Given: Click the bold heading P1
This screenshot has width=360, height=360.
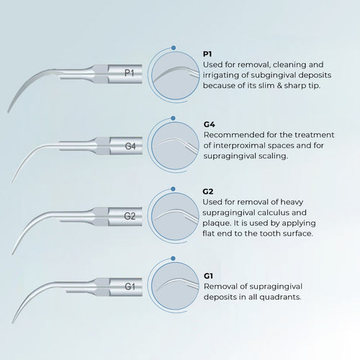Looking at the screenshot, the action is pos(207,54).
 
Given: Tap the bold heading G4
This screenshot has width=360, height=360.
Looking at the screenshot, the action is pos(210,125).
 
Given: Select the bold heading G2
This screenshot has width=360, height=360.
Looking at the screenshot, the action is pos(208,192).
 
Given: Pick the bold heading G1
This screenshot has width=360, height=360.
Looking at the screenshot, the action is pos(208,276).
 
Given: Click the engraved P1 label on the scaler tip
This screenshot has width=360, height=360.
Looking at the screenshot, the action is pos(129,73).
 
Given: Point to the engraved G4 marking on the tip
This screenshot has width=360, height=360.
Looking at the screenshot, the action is pos(130,146).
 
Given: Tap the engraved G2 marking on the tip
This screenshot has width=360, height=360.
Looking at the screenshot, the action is pos(130,216).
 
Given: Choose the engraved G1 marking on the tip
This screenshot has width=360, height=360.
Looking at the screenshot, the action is pos(130,287).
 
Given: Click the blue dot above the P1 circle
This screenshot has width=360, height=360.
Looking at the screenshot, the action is pos(174,48).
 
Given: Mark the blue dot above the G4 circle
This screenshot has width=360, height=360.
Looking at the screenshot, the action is pos(173,118).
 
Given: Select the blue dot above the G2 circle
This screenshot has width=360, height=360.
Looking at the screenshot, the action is pos(173,189).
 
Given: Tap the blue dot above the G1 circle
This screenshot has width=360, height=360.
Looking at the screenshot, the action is pos(173,258).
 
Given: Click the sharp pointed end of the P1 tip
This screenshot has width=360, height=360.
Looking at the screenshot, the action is pos(8,112).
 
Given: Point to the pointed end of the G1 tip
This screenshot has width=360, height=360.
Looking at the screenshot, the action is pos(13,323).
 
